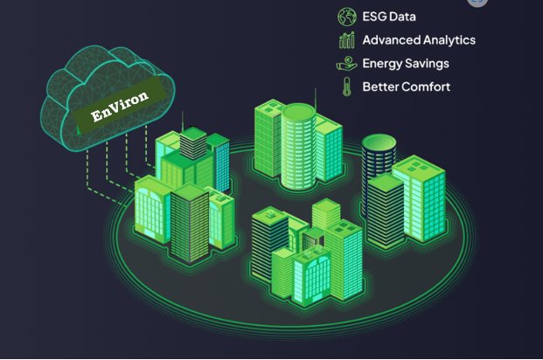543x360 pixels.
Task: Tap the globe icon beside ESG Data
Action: tap(347, 16)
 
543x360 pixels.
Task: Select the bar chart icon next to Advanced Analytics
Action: tap(347, 39)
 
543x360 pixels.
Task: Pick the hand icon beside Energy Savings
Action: tap(347, 64)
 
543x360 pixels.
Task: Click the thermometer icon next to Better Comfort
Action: tap(347, 87)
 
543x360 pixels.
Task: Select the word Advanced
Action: tap(392, 39)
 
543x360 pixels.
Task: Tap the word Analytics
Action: tap(450, 40)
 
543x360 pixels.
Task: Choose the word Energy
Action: tap(383, 64)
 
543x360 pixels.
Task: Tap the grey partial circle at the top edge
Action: tap(477, 3)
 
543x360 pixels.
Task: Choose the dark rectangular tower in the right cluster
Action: tap(385, 206)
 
